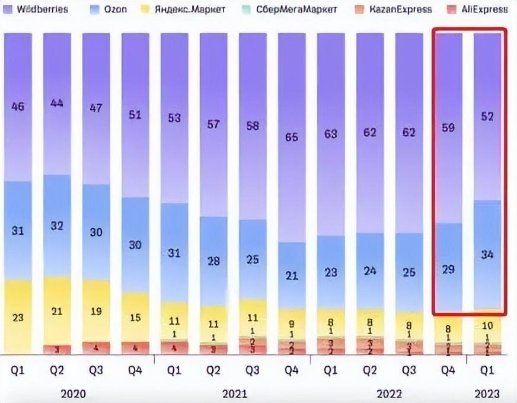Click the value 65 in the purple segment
291,137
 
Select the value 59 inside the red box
448,127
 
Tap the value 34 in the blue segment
487,255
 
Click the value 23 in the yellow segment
18,317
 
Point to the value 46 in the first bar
18,107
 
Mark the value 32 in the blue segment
57,226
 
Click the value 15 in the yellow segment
135,318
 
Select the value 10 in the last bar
487,325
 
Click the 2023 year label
487,394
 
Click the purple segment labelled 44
57,103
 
